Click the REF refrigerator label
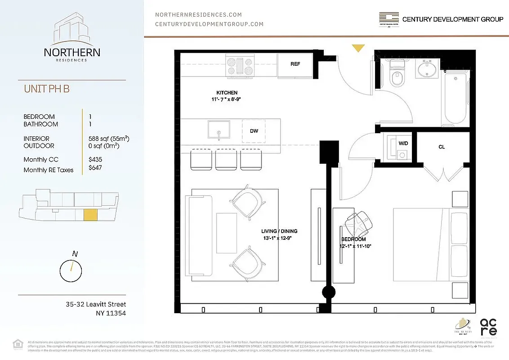tap(295, 64)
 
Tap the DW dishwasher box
tap(254, 130)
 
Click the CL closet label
tap(442, 147)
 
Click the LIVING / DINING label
tap(279, 231)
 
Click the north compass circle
tap(71, 270)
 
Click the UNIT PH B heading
tap(47, 89)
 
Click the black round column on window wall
tap(328, 292)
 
